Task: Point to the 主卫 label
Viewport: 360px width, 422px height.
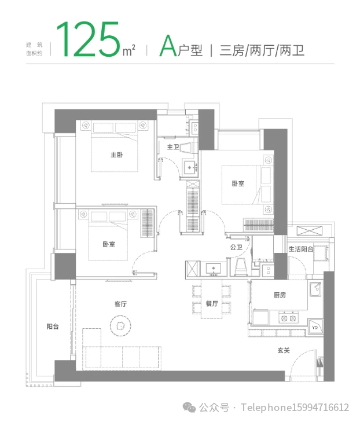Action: (173, 148)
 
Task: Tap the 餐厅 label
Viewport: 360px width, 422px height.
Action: (211, 303)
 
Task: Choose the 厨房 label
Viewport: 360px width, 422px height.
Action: (280, 295)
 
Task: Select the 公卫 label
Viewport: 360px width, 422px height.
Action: (236, 247)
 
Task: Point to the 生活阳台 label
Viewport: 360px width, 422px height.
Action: (301, 249)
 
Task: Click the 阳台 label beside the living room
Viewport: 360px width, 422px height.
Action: (53, 326)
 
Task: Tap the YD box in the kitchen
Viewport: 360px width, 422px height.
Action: (315, 328)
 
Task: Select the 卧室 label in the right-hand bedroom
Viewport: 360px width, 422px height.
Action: (238, 184)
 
